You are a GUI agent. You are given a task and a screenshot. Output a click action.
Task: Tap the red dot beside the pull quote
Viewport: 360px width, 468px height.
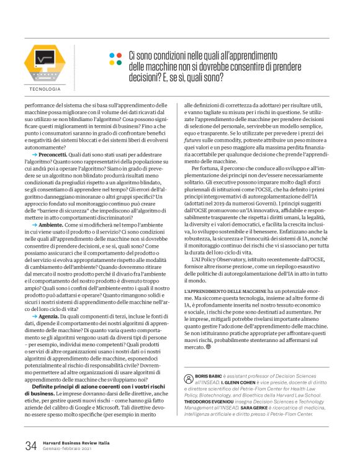119,55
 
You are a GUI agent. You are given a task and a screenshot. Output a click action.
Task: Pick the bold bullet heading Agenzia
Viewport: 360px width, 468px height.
50,315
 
